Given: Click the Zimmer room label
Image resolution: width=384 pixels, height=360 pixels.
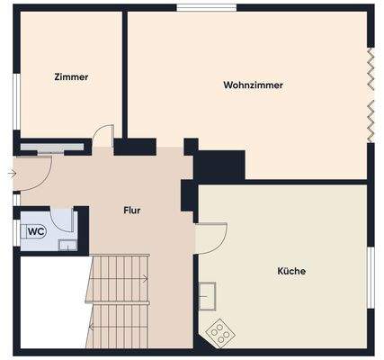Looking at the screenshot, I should point(71,77).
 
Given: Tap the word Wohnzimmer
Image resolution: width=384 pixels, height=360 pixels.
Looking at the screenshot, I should point(253,85).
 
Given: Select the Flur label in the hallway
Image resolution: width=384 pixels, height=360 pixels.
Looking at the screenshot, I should point(132,211).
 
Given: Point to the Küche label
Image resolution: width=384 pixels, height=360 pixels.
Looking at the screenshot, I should point(291,270).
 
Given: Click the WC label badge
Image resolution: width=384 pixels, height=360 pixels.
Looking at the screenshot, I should point(36,231).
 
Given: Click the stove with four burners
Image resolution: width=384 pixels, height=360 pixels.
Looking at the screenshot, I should point(219,333).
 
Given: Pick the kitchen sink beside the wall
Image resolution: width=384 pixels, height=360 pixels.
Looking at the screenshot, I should point(208,295).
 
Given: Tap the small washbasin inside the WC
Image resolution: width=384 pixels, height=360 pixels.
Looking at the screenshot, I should point(67,244).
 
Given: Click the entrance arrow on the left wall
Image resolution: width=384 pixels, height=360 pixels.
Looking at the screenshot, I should point(10,172).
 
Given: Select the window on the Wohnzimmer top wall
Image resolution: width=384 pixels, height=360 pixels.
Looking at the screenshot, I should point(206,7).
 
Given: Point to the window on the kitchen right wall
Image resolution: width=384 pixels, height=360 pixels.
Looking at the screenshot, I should point(370,280).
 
